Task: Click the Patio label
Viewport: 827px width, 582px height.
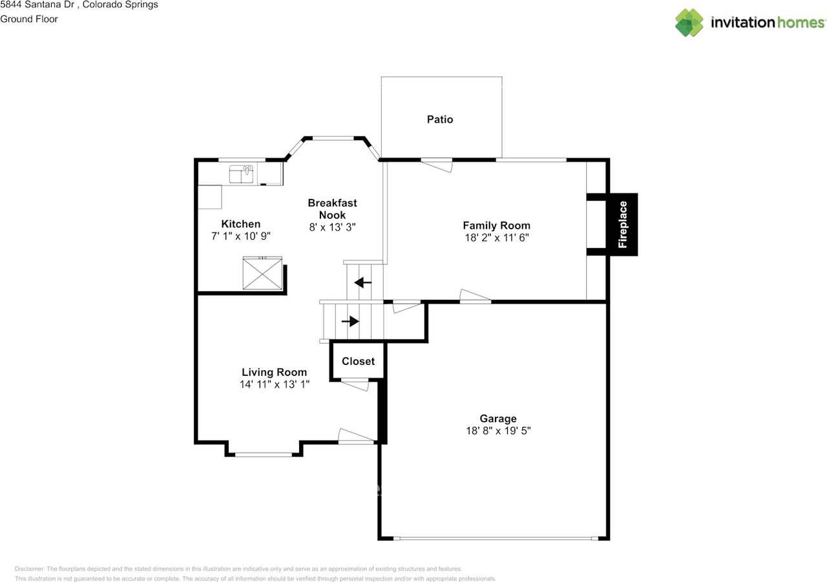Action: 440,120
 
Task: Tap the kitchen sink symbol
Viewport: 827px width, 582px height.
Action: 241,174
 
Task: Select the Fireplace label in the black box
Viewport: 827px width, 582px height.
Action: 622,224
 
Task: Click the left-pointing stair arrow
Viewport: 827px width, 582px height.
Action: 363,283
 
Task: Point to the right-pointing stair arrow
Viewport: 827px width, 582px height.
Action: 350,321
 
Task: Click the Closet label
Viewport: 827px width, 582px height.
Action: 358,361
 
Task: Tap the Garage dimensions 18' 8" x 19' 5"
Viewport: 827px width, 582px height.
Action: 498,431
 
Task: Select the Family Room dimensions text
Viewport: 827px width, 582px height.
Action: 497,237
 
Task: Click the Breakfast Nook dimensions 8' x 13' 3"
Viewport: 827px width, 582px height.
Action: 332,227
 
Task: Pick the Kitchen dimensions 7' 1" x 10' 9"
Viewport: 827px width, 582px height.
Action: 241,236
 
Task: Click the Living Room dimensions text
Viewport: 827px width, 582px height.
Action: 275,384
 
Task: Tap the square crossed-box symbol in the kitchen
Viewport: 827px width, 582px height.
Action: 262,273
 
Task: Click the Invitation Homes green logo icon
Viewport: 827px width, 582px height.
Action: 689,23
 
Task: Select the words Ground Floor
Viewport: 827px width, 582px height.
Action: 29,19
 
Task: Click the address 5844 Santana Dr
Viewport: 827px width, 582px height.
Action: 37,5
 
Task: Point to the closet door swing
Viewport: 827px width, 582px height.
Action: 355,384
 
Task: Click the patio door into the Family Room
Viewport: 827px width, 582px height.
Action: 436,165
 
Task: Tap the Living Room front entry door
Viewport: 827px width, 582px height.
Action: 356,436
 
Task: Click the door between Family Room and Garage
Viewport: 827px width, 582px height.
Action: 475,296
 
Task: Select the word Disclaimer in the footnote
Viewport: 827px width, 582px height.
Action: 30,568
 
